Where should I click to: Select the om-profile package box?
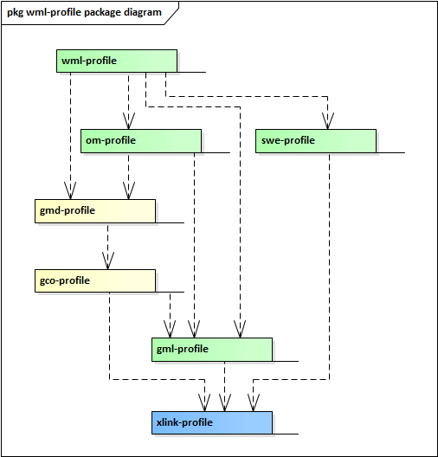pyautogui.click(x=141, y=140)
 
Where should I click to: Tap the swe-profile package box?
pyautogui.click(x=316, y=140)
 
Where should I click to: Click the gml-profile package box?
pyautogui.click(x=212, y=349)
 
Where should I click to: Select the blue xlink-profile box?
pyautogui.click(x=212, y=422)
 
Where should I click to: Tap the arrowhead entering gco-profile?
pyautogui.click(x=108, y=262)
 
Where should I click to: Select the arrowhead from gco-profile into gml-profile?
pyautogui.click(x=171, y=331)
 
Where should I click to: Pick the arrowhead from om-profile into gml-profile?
pyautogui.click(x=195, y=331)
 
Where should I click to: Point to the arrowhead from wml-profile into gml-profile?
pyautogui.click(x=238, y=331)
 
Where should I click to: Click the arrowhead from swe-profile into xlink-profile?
pyautogui.click(x=254, y=404)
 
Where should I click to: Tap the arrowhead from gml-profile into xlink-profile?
pyautogui.click(x=225, y=404)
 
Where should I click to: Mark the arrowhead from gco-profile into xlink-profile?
pyautogui.click(x=205, y=404)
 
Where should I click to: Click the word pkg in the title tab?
pyautogui.click(x=16, y=12)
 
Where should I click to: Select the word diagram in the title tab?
pyautogui.click(x=142, y=12)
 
